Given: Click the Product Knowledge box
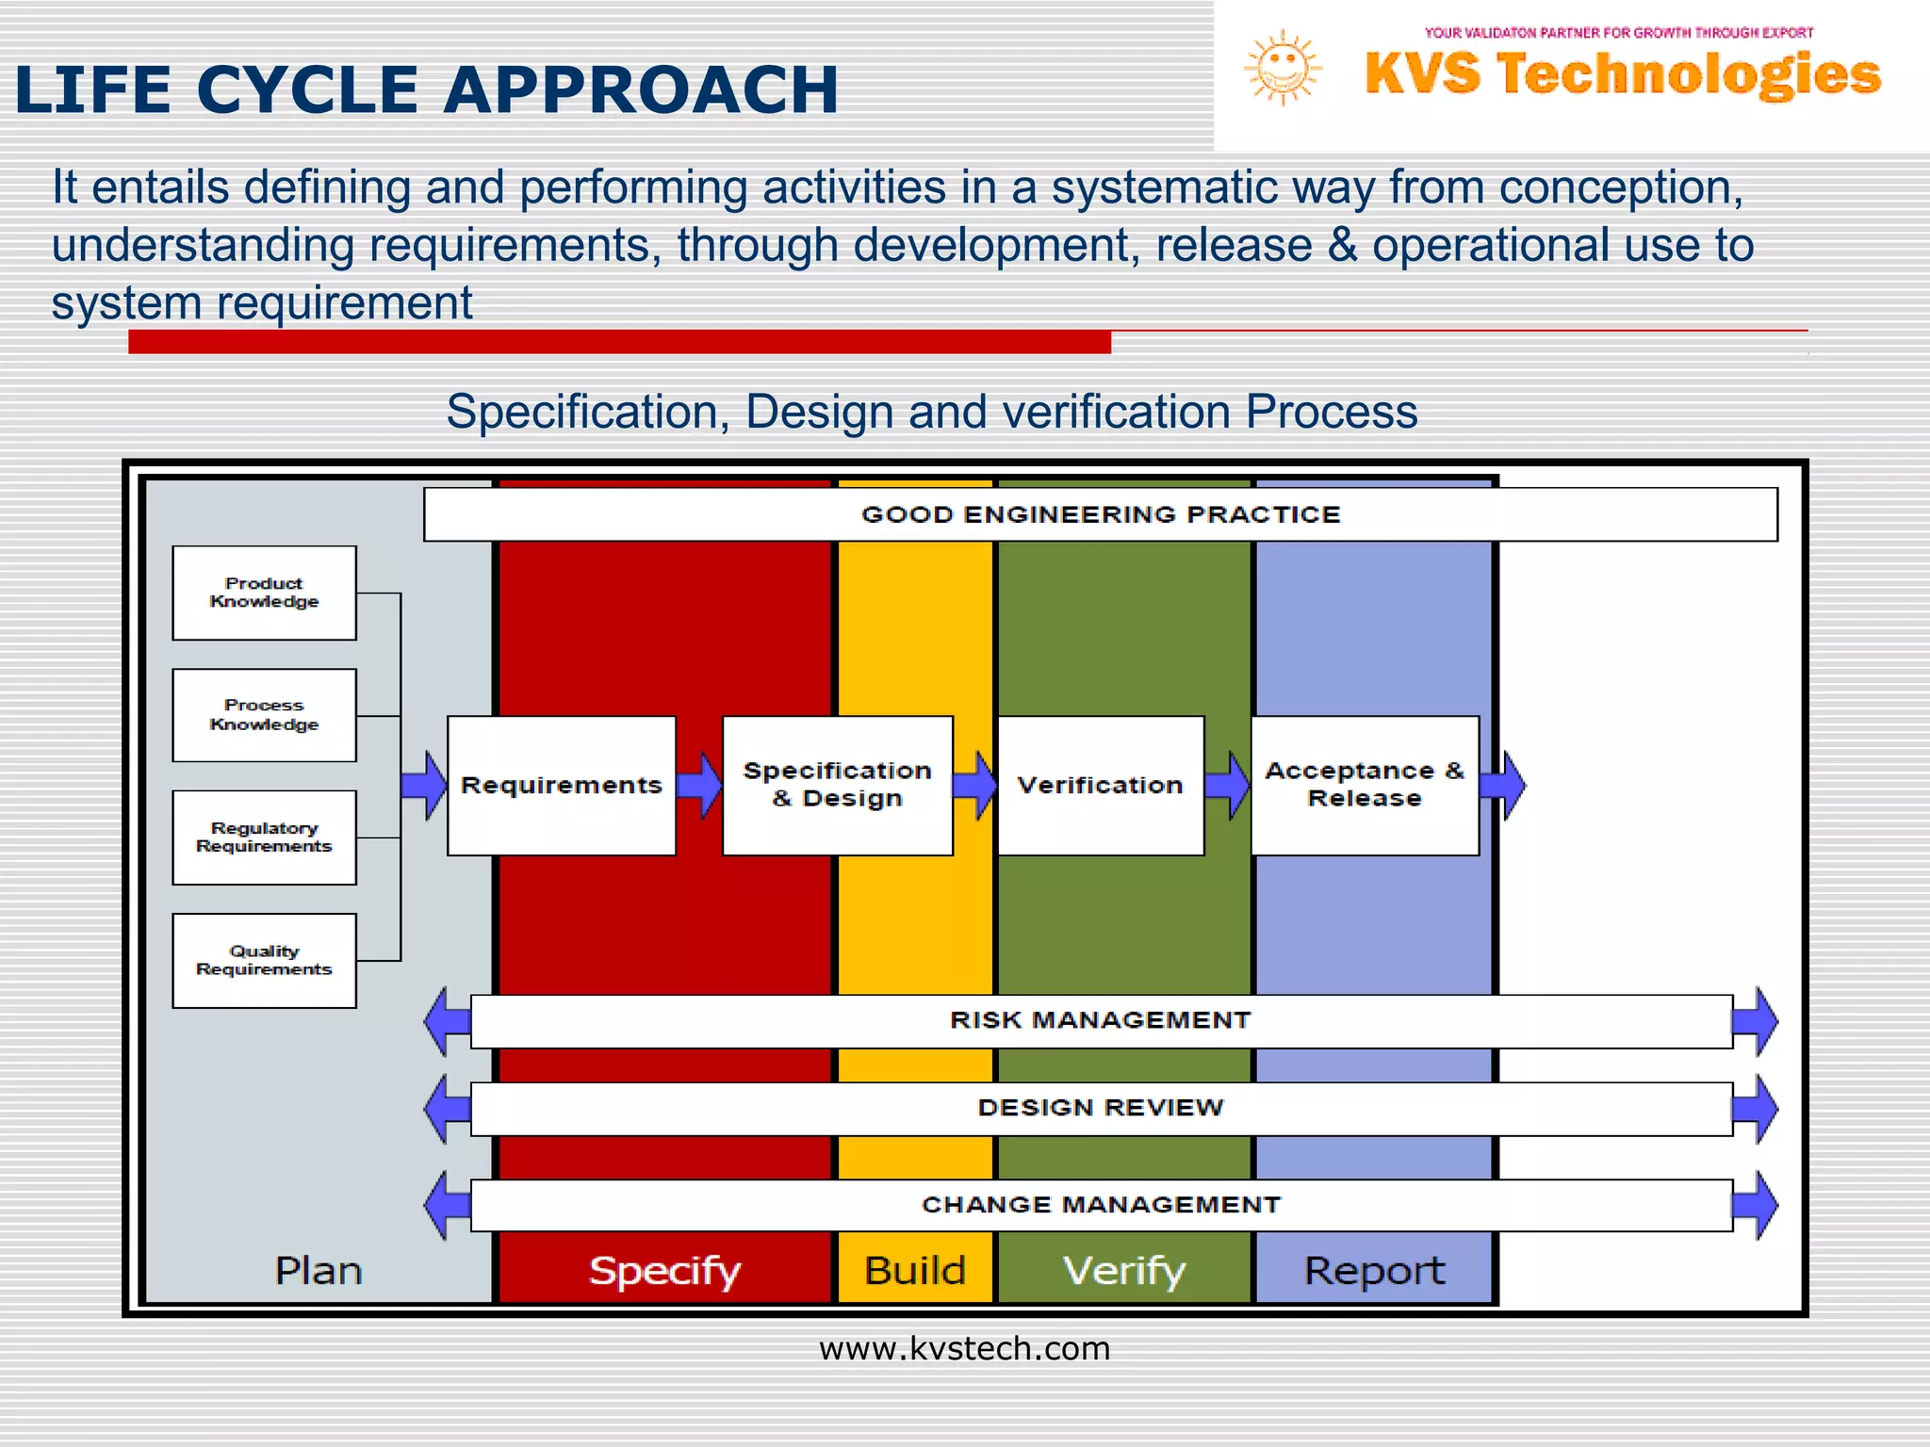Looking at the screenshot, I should [264, 593].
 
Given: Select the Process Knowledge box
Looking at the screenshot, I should [264, 715].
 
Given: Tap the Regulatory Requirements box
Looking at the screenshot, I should [264, 837].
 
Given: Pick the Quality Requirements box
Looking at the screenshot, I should [264, 960].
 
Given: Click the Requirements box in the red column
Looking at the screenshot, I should [562, 785].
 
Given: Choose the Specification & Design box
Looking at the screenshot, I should [837, 785].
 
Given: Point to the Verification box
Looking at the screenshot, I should [1100, 785].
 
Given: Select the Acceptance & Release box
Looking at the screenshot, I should [1365, 785].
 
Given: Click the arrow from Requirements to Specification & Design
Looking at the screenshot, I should [699, 785].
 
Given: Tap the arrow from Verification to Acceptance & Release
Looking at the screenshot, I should [1228, 785].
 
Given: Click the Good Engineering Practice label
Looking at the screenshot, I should [1101, 514].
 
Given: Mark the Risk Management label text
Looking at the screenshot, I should [1101, 1020].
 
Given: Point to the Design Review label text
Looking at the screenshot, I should [1101, 1108].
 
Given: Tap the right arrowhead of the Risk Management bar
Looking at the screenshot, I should [1757, 1021].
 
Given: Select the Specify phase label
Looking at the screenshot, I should [664, 1271].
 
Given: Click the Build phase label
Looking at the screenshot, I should [915, 1271].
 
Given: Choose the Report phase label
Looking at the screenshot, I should [1374, 1271].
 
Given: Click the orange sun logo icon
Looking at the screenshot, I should [1282, 68].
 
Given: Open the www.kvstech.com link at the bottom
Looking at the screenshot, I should [964, 1349].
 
